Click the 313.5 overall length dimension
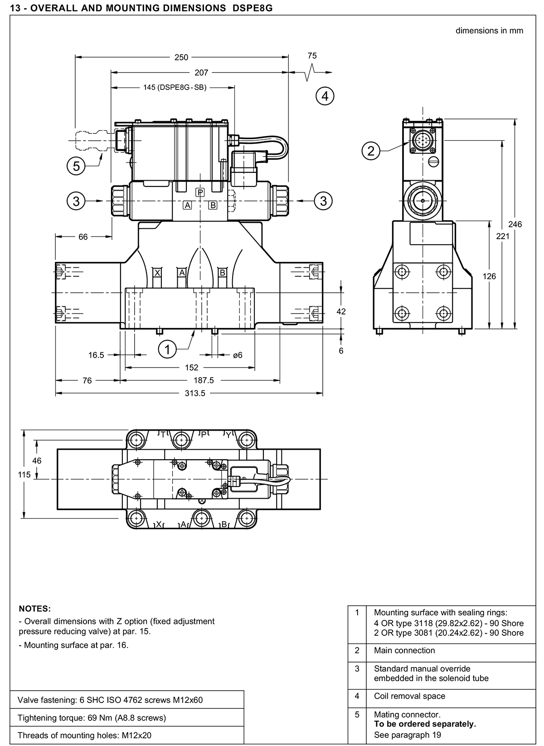(195, 393)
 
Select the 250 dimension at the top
(181, 58)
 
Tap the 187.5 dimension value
(204, 380)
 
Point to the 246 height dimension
(515, 224)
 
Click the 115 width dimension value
(24, 475)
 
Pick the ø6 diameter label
(238, 355)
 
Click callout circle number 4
(325, 96)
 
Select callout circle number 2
(371, 151)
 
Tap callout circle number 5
(76, 166)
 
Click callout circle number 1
(167, 349)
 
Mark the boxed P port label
(200, 192)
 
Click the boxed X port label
(157, 273)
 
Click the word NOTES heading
(35, 609)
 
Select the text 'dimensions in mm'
(489, 31)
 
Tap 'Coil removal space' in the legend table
(409, 696)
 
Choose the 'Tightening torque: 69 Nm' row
(92, 717)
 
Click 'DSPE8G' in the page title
(253, 8)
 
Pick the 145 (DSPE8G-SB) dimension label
(175, 88)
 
